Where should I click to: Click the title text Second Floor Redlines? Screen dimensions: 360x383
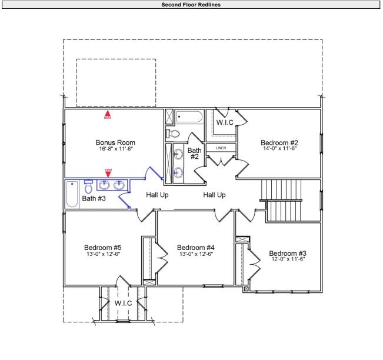coord(191,4)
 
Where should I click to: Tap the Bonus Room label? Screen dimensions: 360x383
coord(115,142)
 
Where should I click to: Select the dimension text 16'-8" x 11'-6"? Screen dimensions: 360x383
coord(115,149)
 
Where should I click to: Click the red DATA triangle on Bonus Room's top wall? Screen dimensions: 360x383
coord(107,114)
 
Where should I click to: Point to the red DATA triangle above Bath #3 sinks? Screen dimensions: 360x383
coord(107,173)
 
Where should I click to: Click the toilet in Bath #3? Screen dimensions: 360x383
coord(88,187)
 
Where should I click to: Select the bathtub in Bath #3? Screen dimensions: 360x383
coord(72,194)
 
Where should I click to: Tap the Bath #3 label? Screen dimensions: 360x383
coord(94,199)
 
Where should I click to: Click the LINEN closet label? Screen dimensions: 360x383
coord(221,148)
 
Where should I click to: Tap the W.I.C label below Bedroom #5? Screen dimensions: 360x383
coord(123,302)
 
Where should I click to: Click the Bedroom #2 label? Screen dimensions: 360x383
coord(279,142)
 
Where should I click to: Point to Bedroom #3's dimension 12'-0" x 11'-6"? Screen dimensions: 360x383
coord(288,259)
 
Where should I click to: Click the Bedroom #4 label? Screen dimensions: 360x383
coord(195,247)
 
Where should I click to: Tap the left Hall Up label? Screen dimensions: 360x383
coord(157,195)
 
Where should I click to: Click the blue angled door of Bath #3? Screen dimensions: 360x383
coord(125,200)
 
